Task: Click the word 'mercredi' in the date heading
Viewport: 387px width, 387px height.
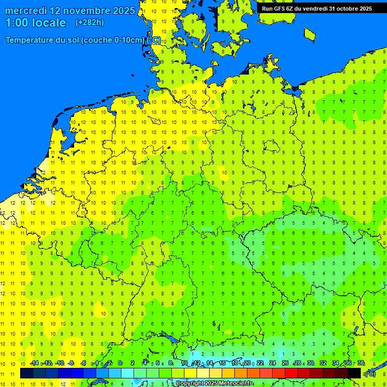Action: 26,11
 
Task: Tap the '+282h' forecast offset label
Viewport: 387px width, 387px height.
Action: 89,23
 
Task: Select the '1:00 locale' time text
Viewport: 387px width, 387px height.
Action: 35,23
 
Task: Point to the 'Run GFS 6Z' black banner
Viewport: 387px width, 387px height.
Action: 316,8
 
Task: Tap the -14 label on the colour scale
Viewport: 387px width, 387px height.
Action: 34,363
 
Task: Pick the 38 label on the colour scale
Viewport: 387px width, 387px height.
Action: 361,363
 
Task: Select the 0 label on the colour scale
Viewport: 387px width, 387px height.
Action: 120,363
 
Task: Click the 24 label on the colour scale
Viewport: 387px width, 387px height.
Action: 273,363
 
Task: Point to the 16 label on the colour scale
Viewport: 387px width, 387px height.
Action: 222,363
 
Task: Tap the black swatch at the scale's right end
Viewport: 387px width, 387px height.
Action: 354,373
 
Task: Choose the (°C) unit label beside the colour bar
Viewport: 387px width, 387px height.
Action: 370,374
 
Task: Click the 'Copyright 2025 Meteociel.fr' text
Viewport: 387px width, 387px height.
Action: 214,383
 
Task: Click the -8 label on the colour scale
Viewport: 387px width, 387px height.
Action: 71,363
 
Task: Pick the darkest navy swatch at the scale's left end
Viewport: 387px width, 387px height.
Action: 27,373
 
